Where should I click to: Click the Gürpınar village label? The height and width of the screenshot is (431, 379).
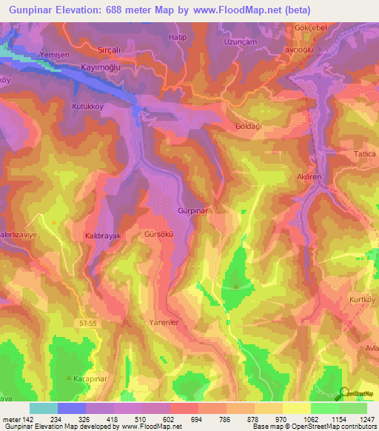point(191,211)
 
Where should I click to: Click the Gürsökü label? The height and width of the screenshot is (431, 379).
point(159,234)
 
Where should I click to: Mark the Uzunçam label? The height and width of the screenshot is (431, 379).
point(241,42)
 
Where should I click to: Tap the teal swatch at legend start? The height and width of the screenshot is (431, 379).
point(43,408)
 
